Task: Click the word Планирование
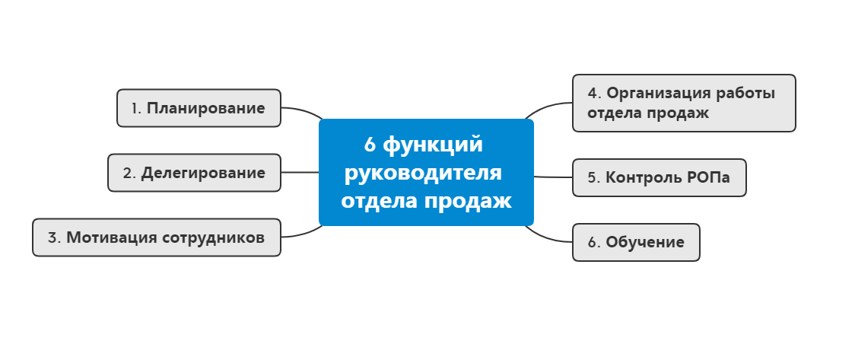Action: (x=205, y=108)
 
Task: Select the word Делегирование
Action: (x=203, y=173)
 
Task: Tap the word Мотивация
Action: (x=112, y=237)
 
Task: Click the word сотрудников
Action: (x=214, y=237)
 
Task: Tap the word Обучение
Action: (x=645, y=243)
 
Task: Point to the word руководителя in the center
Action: (x=423, y=173)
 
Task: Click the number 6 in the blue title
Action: (x=370, y=144)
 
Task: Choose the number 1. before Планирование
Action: (x=136, y=108)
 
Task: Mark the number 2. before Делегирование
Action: (x=129, y=173)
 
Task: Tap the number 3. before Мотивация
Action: (x=54, y=237)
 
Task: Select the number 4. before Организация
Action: (x=594, y=94)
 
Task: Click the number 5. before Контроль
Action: (x=594, y=178)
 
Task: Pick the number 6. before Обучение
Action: (x=594, y=243)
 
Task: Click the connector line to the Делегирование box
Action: (x=300, y=172)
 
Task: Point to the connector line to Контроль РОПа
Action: (x=553, y=177)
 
